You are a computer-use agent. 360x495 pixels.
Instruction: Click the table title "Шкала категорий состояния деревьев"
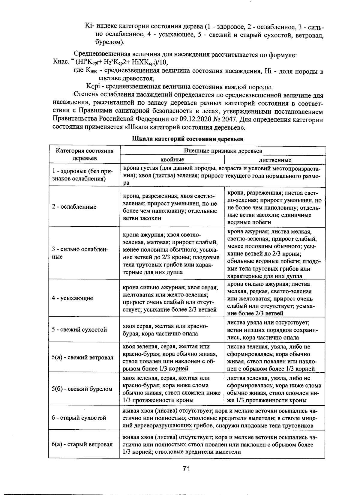click(187, 139)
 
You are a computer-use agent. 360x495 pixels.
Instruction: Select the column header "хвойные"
click(172, 160)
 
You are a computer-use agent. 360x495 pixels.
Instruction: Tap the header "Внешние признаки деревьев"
click(223, 151)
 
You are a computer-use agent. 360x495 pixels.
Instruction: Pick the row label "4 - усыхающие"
click(73, 298)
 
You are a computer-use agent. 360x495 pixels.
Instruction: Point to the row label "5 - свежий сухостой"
click(79, 330)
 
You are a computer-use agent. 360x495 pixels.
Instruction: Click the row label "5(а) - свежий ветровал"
click(82, 357)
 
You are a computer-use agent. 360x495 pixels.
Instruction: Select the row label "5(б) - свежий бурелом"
click(82, 389)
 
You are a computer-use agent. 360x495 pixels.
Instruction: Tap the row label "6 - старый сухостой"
click(79, 418)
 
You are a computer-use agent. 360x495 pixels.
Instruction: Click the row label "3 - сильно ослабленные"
click(80, 253)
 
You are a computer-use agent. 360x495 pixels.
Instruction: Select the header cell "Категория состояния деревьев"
click(85, 154)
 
